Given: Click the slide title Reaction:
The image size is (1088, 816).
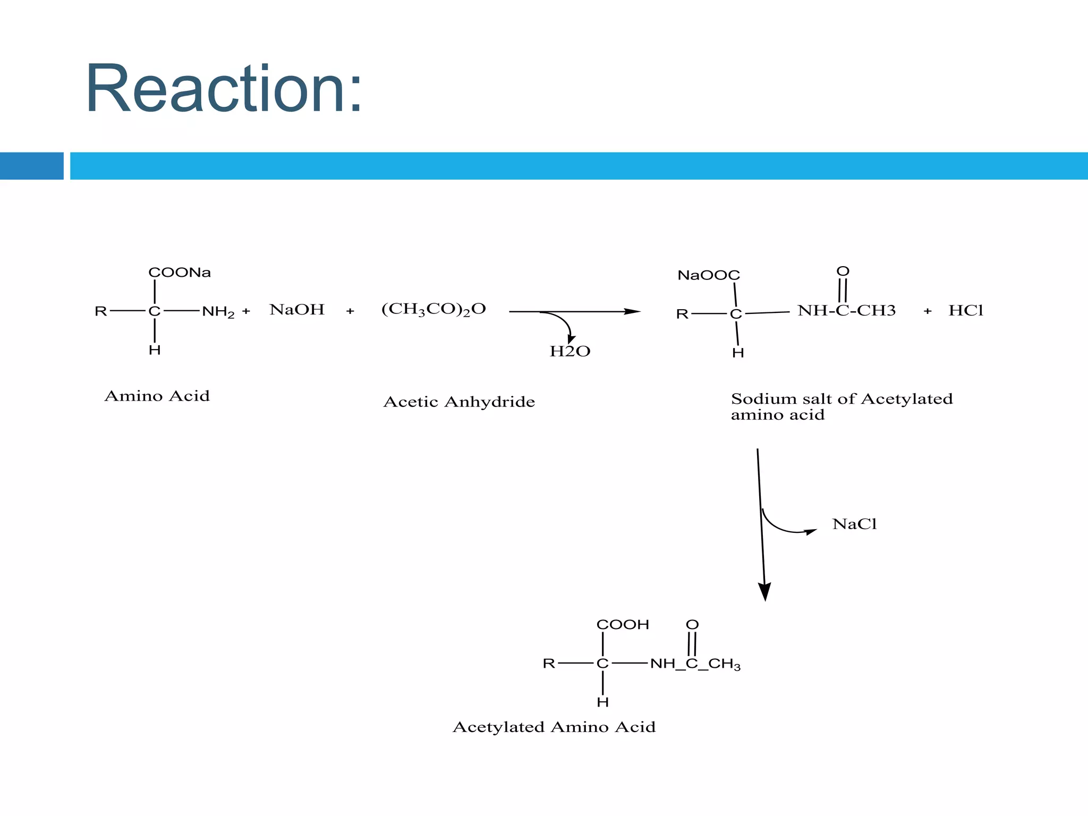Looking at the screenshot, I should [x=223, y=89].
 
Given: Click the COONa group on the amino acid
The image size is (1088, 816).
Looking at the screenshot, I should [x=180, y=273].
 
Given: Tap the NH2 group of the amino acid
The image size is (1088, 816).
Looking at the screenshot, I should [x=218, y=312].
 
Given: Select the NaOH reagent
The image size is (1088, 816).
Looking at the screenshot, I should [x=297, y=310].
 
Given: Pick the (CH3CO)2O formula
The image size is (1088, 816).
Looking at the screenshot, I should [x=433, y=309].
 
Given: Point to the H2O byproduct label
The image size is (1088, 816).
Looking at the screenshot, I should [x=570, y=351].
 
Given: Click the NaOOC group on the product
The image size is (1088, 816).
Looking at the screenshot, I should [x=709, y=275].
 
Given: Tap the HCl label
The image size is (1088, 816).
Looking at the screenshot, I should [x=966, y=310].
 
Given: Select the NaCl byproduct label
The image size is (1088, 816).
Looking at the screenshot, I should [x=854, y=524].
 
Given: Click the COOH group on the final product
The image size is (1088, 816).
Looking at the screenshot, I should [x=623, y=625].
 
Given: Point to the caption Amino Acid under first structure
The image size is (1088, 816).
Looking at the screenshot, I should [x=157, y=396].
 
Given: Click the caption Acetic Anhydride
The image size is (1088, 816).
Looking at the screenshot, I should [x=459, y=402].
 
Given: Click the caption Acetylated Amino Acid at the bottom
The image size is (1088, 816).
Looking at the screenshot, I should [x=554, y=727].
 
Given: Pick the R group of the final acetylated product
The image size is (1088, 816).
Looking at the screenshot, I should [x=549, y=664].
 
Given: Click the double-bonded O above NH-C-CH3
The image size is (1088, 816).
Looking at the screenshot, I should [x=843, y=271].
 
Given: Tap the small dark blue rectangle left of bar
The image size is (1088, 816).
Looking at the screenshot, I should [x=31, y=166].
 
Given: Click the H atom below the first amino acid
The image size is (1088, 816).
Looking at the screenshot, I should [x=155, y=350].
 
